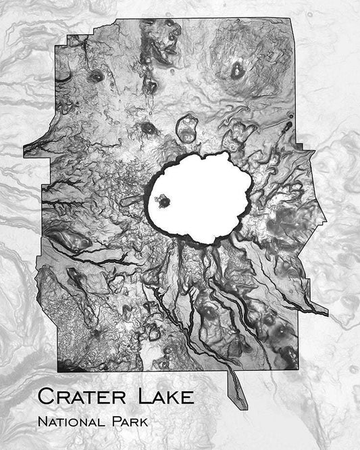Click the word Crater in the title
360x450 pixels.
click(79, 396)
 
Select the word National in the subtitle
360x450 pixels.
click(72, 422)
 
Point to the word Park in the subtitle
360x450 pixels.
click(129, 422)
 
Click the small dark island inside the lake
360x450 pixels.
click(162, 200)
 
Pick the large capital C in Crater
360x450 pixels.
click(45, 396)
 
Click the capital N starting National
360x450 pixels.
click(43, 422)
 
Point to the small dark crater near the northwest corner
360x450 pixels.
click(97, 76)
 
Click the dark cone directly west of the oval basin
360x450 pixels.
click(148, 127)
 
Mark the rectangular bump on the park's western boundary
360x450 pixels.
click(34, 149)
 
